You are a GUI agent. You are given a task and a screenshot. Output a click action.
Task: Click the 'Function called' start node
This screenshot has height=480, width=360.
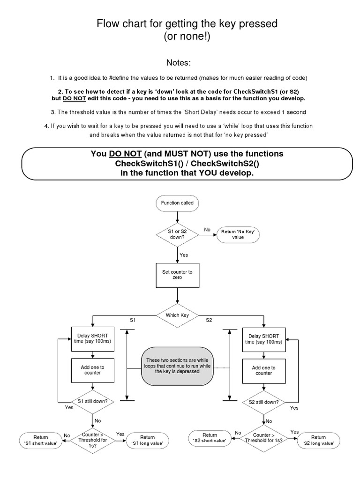coord(177,203)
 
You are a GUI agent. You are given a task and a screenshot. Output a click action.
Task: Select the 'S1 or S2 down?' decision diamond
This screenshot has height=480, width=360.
coord(177,234)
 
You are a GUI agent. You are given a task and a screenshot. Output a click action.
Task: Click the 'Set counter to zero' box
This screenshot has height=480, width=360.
coord(177,275)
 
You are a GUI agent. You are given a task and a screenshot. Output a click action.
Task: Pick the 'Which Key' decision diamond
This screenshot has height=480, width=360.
coord(177,315)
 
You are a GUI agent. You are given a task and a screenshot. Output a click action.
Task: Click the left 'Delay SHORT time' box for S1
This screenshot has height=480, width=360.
coord(93,339)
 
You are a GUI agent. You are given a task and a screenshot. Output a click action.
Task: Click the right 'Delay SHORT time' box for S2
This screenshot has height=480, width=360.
coord(263,339)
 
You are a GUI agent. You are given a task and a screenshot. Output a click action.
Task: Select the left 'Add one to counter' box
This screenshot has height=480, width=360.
coord(93,371)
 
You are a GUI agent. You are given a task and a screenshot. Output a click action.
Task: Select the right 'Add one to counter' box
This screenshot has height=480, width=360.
coord(263,371)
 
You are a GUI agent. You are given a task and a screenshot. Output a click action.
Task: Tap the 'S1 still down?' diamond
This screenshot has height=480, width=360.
coord(93,401)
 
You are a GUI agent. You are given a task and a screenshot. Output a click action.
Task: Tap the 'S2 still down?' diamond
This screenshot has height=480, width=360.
coord(263,401)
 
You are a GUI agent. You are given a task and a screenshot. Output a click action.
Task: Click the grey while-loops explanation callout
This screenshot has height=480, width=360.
coord(177,364)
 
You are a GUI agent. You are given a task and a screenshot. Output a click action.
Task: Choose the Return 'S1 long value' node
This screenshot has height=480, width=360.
coord(147,440)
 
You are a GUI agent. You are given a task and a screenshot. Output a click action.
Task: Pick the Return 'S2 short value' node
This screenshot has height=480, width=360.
coord(210,438)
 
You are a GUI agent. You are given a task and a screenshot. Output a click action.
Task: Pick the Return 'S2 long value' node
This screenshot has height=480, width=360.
coord(318,440)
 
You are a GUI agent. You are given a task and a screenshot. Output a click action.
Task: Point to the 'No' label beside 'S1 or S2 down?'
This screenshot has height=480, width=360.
coord(207,229)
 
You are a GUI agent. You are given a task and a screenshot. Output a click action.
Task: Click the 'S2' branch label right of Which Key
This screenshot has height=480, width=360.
coord(209,320)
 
